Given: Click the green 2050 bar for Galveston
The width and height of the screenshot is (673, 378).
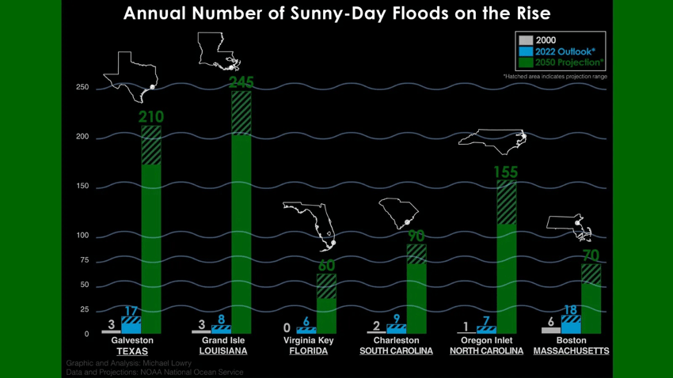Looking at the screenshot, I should (x=151, y=237).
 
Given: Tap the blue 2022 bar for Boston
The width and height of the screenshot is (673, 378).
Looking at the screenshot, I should (x=571, y=325).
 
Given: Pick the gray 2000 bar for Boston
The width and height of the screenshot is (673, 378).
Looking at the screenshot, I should (x=550, y=331).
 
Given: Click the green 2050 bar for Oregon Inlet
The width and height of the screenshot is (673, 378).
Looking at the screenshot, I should (x=507, y=261).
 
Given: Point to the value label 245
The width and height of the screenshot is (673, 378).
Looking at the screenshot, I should (x=241, y=82).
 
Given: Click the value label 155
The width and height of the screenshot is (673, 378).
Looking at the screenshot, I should (x=506, y=172).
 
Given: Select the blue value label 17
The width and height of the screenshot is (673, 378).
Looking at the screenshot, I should (x=131, y=311).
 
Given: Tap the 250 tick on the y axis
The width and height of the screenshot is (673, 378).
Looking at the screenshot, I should (x=82, y=88).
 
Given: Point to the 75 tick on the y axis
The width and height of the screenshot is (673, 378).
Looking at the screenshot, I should (x=84, y=260).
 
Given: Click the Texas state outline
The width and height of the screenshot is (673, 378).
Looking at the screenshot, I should (x=131, y=75).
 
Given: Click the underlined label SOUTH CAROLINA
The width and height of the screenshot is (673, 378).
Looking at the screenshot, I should (x=396, y=351).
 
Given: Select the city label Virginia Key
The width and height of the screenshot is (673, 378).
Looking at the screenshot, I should (x=308, y=341).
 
